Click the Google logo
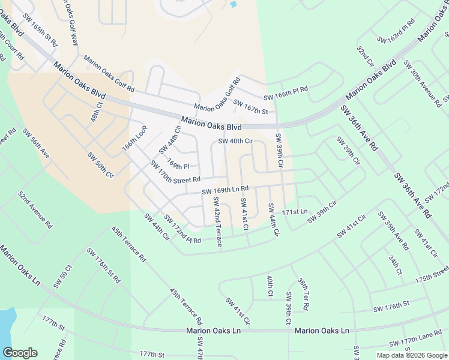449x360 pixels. click(20, 353)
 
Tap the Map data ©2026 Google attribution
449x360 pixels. click(411, 355)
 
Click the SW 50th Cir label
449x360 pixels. click(100, 166)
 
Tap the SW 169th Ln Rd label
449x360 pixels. click(225, 191)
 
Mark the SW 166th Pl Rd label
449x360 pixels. click(285, 93)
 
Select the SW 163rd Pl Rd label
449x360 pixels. click(397, 33)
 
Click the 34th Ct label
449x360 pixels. click(394, 264)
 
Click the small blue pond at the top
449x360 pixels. click(233, 4)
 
